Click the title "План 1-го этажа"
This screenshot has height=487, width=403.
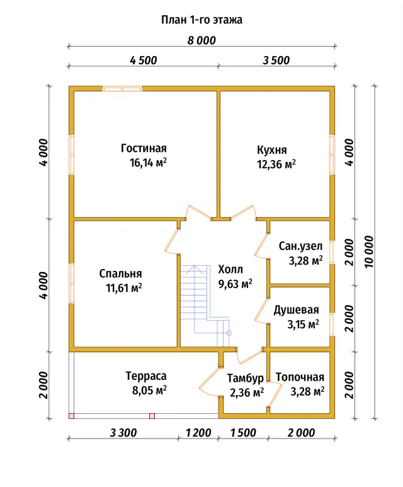(x=201, y=20)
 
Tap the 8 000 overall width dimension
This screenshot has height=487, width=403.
(x=201, y=40)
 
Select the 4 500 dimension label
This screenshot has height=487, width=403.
(x=144, y=60)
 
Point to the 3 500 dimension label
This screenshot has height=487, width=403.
(x=276, y=60)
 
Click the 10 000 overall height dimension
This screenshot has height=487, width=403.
(x=369, y=252)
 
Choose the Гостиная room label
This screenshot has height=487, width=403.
(x=144, y=149)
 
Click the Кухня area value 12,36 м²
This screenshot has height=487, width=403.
(x=276, y=164)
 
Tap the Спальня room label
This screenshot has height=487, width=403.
(x=120, y=273)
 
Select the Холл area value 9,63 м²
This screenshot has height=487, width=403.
(x=236, y=284)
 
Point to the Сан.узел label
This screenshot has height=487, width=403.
(x=300, y=246)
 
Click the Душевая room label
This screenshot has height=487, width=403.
(x=296, y=310)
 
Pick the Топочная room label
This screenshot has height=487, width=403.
(x=300, y=377)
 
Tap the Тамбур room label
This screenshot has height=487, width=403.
(x=246, y=378)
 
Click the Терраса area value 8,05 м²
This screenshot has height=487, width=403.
(x=149, y=390)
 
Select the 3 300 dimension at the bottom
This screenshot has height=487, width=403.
(x=123, y=433)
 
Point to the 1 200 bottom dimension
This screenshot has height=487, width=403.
(x=198, y=433)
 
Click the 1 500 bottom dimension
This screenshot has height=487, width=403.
(x=243, y=433)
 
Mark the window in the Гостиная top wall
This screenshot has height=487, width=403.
(x=123, y=89)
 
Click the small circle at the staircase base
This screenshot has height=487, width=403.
(x=229, y=333)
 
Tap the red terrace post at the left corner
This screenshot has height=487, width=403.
(x=71, y=416)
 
